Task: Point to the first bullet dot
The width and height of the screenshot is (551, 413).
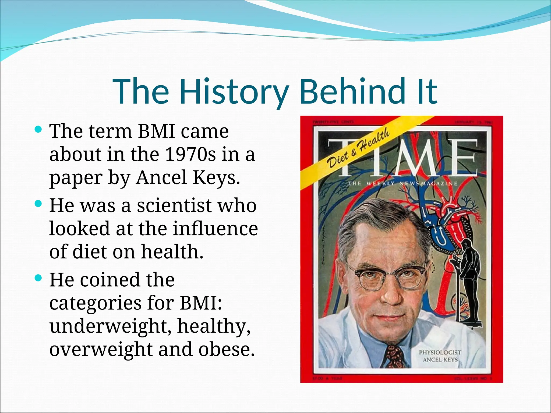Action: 38,130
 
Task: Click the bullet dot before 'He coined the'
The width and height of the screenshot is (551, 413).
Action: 38,278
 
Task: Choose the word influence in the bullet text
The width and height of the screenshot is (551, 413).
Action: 215,229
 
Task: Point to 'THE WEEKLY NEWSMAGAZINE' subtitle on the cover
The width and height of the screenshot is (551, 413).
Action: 402,184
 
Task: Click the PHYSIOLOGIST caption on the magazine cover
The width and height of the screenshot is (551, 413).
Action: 440,352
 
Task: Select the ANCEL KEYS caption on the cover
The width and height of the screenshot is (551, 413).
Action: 440,360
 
